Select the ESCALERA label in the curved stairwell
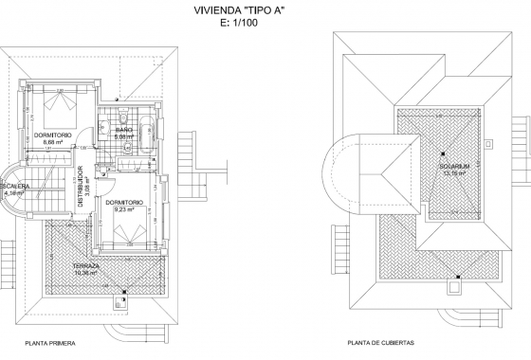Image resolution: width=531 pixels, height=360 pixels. (x=16, y=187)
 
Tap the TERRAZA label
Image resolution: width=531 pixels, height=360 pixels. (x=87, y=267)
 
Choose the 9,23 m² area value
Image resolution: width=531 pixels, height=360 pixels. (x=125, y=209)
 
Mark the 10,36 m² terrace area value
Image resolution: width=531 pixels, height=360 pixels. (x=87, y=274)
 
